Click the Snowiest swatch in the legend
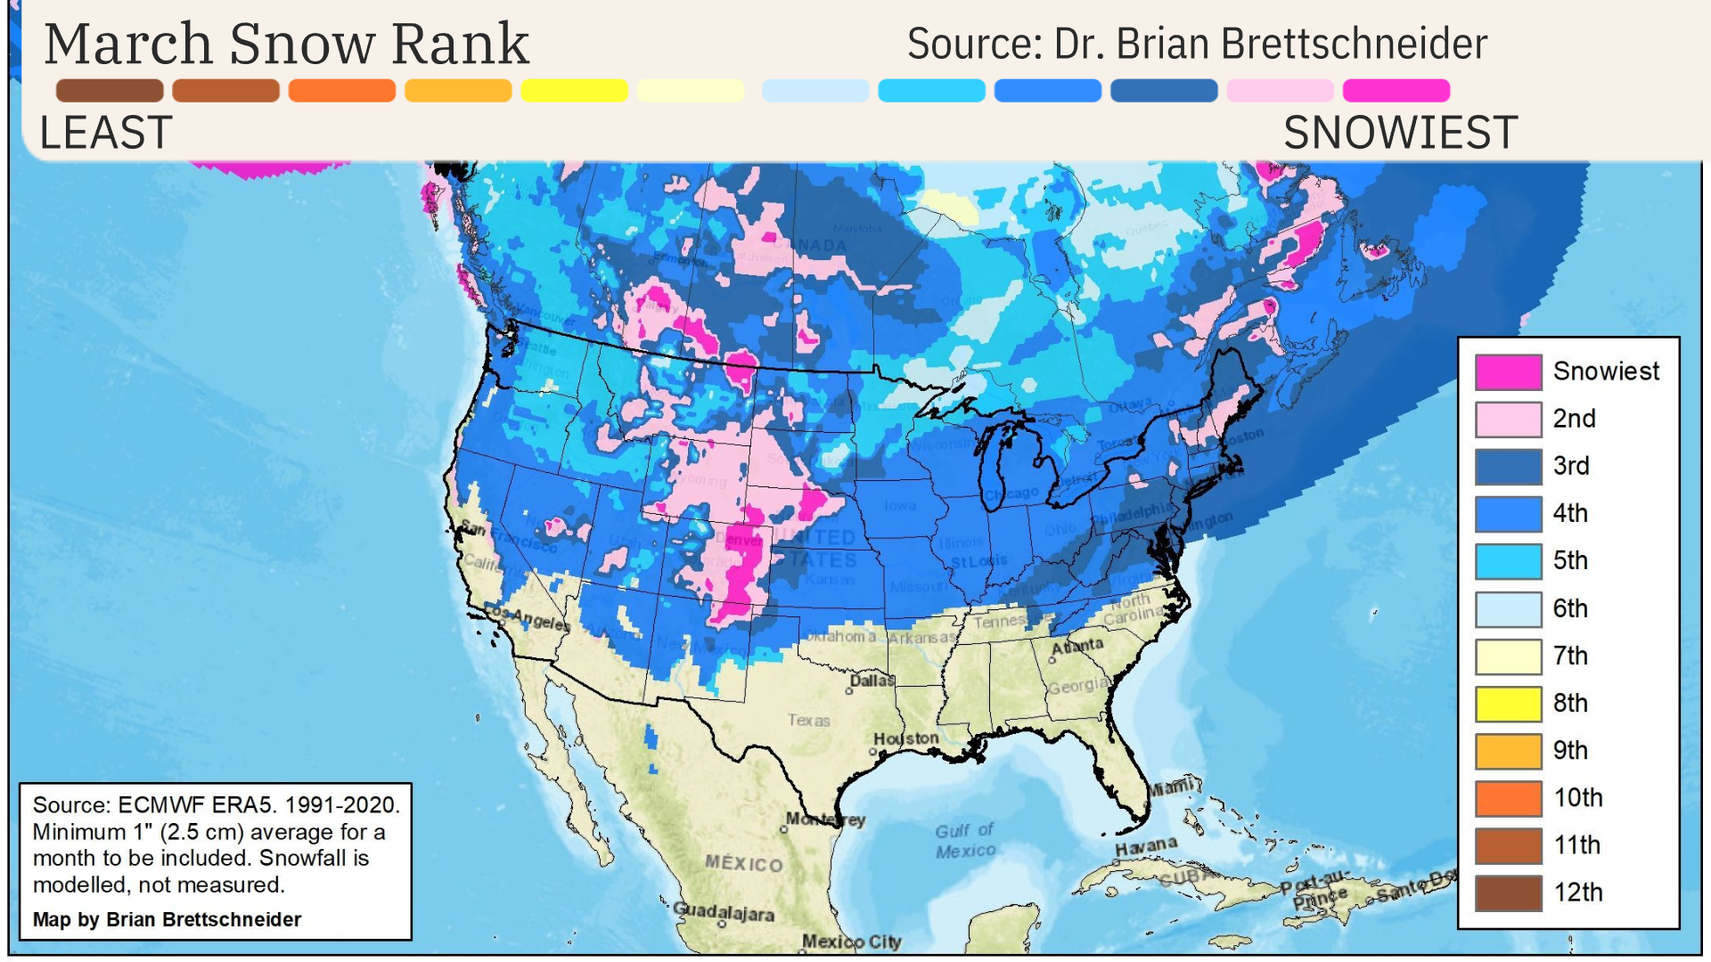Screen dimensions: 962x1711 click(1508, 372)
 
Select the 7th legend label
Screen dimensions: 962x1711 click(1570, 656)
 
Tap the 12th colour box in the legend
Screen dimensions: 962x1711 click(1508, 893)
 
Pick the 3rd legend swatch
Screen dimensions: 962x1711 click(1508, 467)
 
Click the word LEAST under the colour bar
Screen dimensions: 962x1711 click(106, 134)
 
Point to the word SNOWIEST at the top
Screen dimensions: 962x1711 click(1400, 134)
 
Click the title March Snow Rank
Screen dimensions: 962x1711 click(287, 44)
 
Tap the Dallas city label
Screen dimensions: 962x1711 click(872, 681)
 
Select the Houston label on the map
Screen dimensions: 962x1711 click(905, 738)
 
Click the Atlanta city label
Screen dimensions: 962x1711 click(1077, 646)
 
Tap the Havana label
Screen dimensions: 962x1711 click(1146, 846)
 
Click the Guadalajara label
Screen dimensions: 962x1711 click(723, 911)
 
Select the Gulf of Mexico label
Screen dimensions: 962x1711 click(965, 840)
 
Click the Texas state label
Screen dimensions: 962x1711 click(808, 720)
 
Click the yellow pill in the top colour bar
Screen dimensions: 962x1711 click(574, 91)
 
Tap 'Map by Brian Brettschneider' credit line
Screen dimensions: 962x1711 click(168, 919)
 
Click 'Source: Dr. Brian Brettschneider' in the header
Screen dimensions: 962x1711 click(1197, 44)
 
